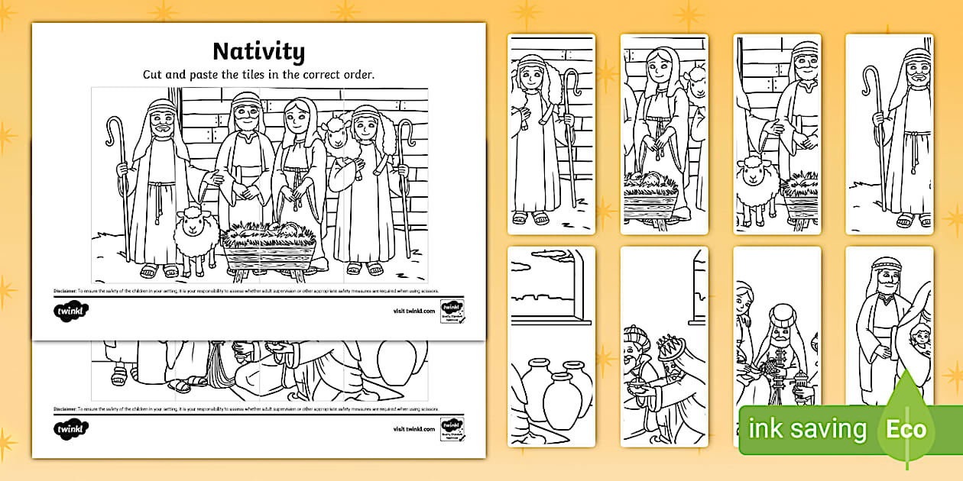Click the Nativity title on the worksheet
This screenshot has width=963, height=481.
coord(258,51)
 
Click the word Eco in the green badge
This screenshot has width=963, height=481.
coord(906,428)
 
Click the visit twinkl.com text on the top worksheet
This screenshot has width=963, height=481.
coord(413,311)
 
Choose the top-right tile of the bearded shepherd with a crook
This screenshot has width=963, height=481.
coord(889,134)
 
